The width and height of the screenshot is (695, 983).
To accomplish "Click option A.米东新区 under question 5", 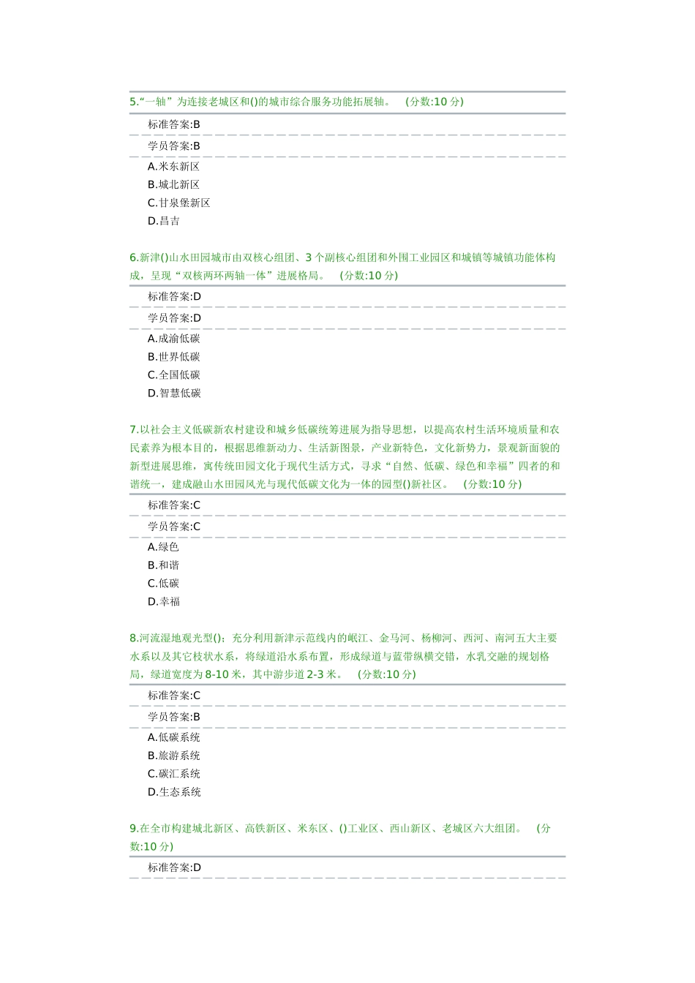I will [x=173, y=167].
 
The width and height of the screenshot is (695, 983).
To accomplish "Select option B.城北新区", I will [x=173, y=185].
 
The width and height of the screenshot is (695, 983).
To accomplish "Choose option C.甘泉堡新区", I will [x=179, y=203].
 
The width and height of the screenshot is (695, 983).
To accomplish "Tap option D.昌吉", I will [x=164, y=221].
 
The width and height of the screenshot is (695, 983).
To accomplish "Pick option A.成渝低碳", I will [x=173, y=339].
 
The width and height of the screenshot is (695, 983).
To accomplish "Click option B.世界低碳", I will [x=173, y=357].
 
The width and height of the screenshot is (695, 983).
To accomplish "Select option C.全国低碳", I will [x=173, y=375].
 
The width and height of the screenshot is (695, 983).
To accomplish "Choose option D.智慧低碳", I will [x=174, y=393].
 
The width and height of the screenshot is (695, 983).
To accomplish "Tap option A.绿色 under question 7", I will [x=163, y=547].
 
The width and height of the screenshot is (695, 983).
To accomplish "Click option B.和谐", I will [x=163, y=565].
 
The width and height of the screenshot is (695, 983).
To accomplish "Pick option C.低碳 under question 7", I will [x=163, y=584].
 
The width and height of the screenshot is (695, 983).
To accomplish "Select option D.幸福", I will [x=164, y=602].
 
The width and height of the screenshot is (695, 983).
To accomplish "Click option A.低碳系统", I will [x=173, y=737].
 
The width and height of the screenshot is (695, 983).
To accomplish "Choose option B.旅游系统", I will [x=173, y=756].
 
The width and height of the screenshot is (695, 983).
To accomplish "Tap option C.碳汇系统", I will [x=173, y=774].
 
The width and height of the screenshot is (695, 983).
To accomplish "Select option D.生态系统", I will [x=174, y=792].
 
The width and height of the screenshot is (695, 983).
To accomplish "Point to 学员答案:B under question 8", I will [x=174, y=717].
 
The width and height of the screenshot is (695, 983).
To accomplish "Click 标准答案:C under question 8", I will [x=174, y=696].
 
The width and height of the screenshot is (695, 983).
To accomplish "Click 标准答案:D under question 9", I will [x=174, y=867].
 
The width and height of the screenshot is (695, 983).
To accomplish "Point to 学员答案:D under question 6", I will [x=174, y=318].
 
